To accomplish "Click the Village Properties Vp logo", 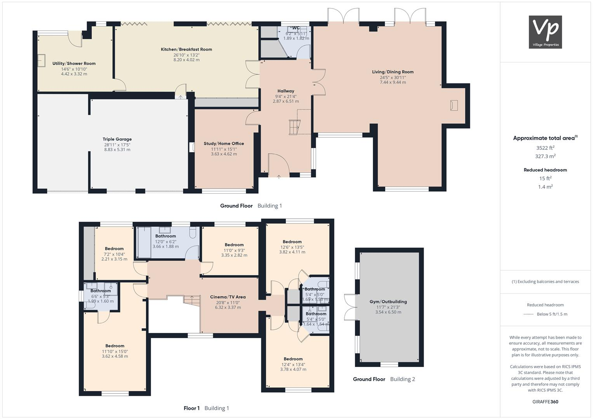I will coord(545,32).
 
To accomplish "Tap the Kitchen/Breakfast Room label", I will coord(186,49).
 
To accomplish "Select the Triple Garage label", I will coord(117,139).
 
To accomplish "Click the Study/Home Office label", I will coord(224,144).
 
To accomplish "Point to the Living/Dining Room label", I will coord(393,72).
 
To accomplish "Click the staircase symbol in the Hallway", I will coord(294,127).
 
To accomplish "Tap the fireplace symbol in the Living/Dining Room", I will coord(454,105).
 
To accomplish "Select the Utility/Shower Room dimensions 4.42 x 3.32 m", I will coord(74,74).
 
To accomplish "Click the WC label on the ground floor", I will coord(296,28).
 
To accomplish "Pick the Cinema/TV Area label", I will coord(228,297).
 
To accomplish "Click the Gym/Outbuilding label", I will coord(388,301).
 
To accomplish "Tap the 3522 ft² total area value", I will coord(545,148).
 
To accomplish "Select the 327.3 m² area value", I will coord(545,156).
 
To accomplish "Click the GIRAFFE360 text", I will coord(545,402).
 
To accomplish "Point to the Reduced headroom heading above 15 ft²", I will coord(545,170).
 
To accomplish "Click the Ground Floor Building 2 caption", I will coord(384,379).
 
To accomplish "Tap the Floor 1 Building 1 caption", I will coord(206,408).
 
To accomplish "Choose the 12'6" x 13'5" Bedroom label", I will coord(292,242).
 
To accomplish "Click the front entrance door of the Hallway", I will coord(278,165).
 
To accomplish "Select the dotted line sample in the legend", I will coord(529,314).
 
